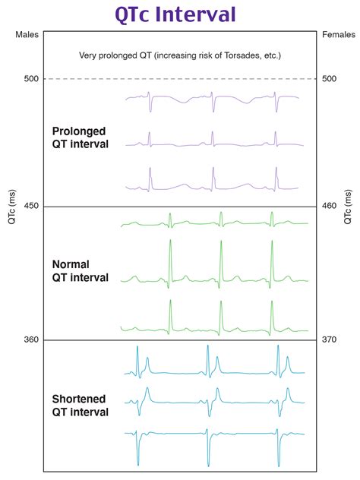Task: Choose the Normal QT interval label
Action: [x=80, y=270]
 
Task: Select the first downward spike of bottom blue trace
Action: [x=137, y=462]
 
